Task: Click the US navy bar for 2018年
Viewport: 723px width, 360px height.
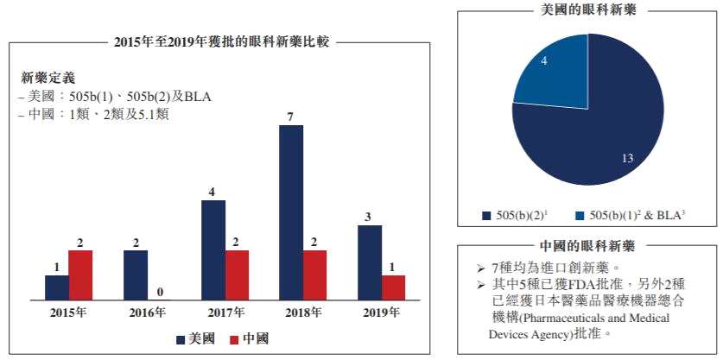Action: (291, 212)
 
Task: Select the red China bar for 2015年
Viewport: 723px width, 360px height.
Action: (80, 275)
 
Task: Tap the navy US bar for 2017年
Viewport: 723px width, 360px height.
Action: (213, 249)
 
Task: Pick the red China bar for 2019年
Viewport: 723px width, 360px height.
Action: (394, 287)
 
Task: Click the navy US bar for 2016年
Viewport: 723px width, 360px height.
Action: (135, 275)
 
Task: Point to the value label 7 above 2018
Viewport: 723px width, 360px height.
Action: (291, 115)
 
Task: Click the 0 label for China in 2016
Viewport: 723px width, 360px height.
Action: (159, 291)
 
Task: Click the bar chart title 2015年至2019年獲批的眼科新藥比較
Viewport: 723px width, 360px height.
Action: (221, 41)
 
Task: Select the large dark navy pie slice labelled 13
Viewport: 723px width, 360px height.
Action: (596, 129)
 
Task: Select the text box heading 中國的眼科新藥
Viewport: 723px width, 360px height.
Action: (590, 245)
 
